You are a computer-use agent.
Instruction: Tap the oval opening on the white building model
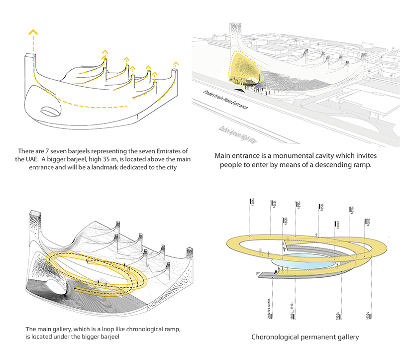click(x=50, y=112)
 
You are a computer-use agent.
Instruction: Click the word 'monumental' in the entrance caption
click(x=303, y=155)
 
